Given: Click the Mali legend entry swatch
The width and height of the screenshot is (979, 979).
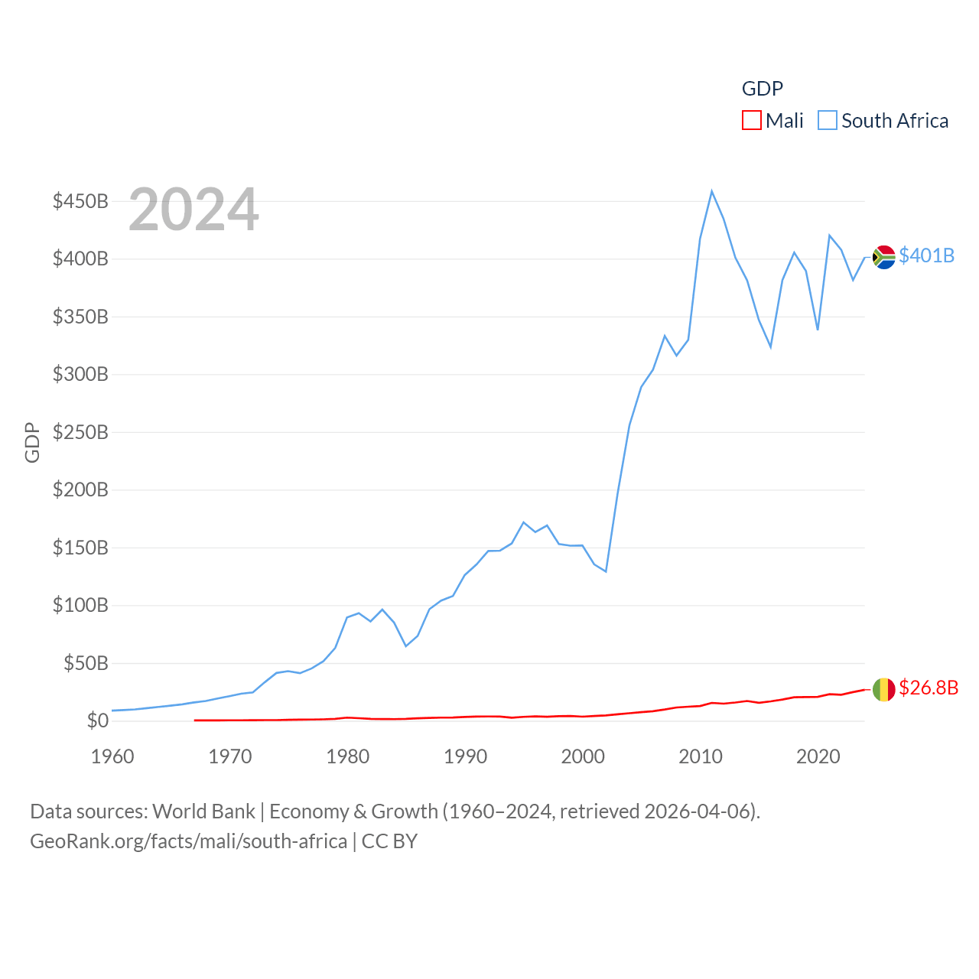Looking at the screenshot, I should point(751,121).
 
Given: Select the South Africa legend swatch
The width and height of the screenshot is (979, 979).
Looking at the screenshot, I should point(828,121).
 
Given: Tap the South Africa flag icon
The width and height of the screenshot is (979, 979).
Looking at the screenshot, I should point(884,257).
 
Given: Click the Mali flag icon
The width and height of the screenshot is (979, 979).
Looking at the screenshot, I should point(884,689).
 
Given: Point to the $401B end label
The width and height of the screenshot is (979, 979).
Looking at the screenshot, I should point(926,255).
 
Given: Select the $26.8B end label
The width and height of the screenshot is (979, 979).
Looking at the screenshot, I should point(929,688).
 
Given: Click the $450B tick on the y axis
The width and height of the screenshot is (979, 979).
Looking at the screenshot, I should point(80,201).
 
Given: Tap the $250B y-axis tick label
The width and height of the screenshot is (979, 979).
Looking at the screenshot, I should point(80,432).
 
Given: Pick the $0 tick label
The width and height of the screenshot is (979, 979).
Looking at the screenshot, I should point(98,720).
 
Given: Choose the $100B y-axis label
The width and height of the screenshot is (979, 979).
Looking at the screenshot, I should point(80,605).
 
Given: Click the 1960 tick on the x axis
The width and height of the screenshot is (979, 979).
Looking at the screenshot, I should point(112,756).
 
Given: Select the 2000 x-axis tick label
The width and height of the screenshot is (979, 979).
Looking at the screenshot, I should point(583,756).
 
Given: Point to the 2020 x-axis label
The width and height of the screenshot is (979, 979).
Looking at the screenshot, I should point(818,756).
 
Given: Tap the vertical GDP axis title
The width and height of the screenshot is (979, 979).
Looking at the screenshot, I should point(32,442).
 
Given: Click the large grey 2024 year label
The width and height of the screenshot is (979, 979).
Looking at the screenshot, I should point(194,210).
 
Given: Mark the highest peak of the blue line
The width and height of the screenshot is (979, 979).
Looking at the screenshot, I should point(711,191).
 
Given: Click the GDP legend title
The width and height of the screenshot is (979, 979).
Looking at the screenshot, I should point(763,89).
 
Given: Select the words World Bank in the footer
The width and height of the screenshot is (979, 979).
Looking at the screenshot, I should point(203,811).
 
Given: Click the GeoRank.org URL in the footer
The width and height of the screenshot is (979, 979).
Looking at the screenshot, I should point(188,841).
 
